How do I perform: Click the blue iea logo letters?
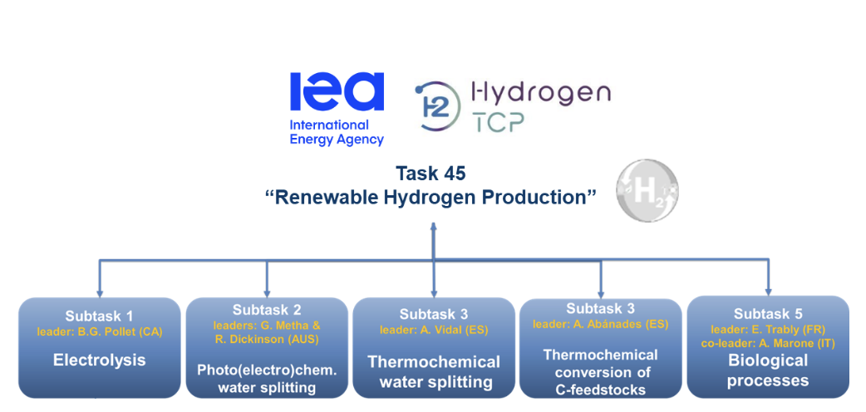click(x=337, y=91)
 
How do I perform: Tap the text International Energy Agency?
click(x=337, y=132)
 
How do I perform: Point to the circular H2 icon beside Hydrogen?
click(x=436, y=105)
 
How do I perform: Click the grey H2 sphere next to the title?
click(x=647, y=191)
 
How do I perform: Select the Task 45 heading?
click(x=431, y=174)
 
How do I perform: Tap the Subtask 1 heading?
click(x=100, y=316)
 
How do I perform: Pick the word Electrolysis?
click(x=100, y=360)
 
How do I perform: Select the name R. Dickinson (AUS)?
click(x=268, y=339)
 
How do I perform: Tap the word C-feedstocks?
click(x=601, y=390)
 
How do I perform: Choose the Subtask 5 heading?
click(x=768, y=314)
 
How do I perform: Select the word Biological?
click(x=768, y=361)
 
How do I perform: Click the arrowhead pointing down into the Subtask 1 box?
click(x=100, y=292)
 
